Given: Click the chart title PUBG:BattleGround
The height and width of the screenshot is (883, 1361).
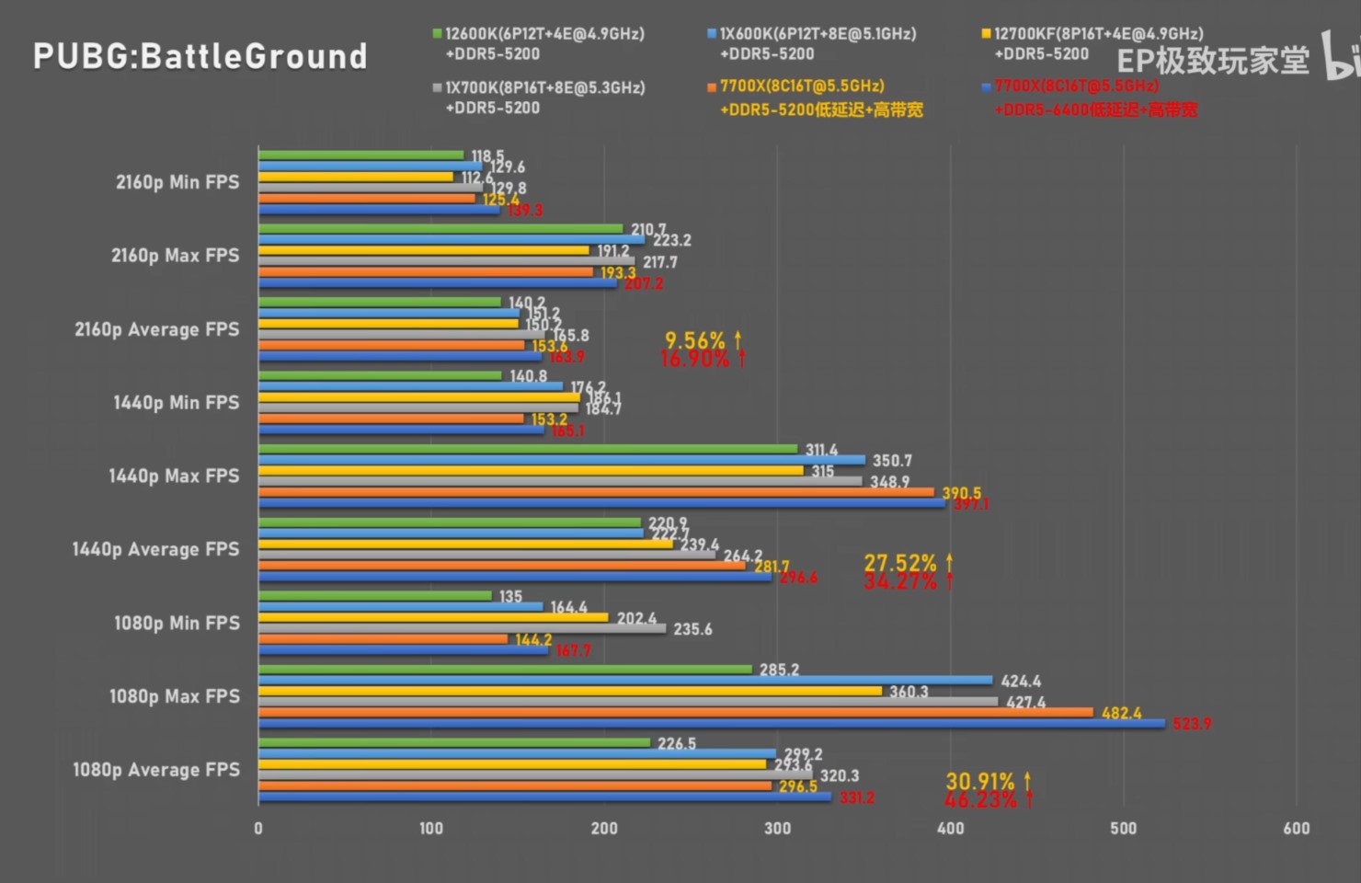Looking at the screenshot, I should [x=200, y=57].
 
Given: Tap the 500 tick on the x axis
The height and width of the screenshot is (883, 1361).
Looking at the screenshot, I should [x=1123, y=828].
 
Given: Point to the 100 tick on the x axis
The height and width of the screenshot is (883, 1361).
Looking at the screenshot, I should [x=431, y=828].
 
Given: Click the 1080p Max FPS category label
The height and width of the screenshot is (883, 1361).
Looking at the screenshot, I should [x=175, y=696].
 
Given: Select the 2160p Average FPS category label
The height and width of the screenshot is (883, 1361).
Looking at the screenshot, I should [x=157, y=329].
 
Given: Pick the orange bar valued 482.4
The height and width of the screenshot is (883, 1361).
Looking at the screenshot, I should [x=676, y=713].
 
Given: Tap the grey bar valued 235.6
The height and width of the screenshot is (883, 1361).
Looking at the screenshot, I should [x=462, y=628].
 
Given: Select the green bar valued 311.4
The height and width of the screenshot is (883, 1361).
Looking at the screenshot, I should [x=528, y=449].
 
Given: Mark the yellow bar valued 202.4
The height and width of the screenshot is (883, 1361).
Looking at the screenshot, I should [x=433, y=617].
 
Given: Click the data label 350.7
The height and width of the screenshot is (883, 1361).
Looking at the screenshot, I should [x=892, y=461].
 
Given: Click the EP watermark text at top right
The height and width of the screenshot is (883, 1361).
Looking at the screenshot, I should [x=1213, y=61].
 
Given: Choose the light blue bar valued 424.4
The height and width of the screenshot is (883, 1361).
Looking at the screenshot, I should [x=625, y=681].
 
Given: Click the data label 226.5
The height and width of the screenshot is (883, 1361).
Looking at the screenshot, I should [x=677, y=743].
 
